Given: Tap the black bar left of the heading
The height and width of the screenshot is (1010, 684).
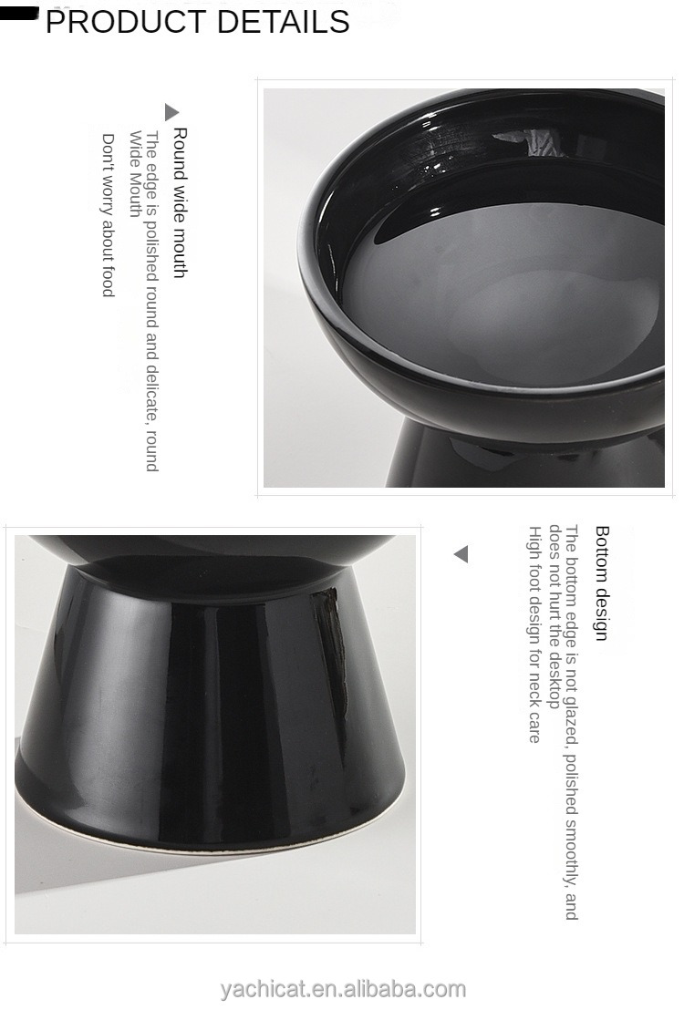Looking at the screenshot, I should pyautogui.click(x=20, y=13).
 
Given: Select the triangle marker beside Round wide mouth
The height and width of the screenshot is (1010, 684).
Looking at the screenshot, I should pyautogui.click(x=171, y=112).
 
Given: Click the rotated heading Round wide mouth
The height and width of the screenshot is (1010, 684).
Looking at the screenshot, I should pyautogui.click(x=180, y=202).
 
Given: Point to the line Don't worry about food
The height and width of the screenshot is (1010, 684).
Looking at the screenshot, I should pyautogui.click(x=108, y=215).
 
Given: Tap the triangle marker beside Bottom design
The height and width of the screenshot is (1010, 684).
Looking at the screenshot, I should pyautogui.click(x=461, y=554).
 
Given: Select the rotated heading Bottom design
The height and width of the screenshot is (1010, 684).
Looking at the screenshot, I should pyautogui.click(x=601, y=583).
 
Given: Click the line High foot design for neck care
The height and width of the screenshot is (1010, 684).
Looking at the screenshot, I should pyautogui.click(x=534, y=634).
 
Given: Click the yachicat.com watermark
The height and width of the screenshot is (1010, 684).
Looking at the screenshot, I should pyautogui.click(x=343, y=989).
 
